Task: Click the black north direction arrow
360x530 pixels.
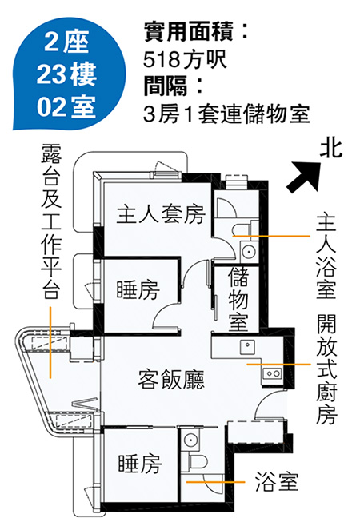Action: click(x=304, y=177)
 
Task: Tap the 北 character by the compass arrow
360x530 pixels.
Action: click(x=331, y=149)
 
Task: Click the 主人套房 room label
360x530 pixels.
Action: click(x=161, y=214)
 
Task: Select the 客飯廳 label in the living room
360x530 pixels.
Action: click(x=171, y=379)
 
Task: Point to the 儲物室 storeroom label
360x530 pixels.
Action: click(x=238, y=299)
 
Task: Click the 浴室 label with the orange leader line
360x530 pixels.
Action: click(x=277, y=482)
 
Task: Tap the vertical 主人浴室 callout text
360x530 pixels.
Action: click(x=326, y=255)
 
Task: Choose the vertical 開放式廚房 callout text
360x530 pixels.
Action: click(x=326, y=369)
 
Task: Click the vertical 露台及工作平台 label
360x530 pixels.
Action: click(x=51, y=221)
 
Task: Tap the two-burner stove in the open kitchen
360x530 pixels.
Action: click(x=272, y=373)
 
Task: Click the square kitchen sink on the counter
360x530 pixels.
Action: click(x=248, y=346)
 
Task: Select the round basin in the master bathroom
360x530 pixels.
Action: click(x=248, y=252)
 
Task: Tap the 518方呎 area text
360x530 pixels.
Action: click(x=184, y=59)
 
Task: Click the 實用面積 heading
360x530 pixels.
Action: click(x=188, y=32)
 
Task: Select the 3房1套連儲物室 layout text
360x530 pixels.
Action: click(x=226, y=114)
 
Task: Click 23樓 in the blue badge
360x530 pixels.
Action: click(x=66, y=74)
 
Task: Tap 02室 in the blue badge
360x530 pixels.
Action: click(x=66, y=106)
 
